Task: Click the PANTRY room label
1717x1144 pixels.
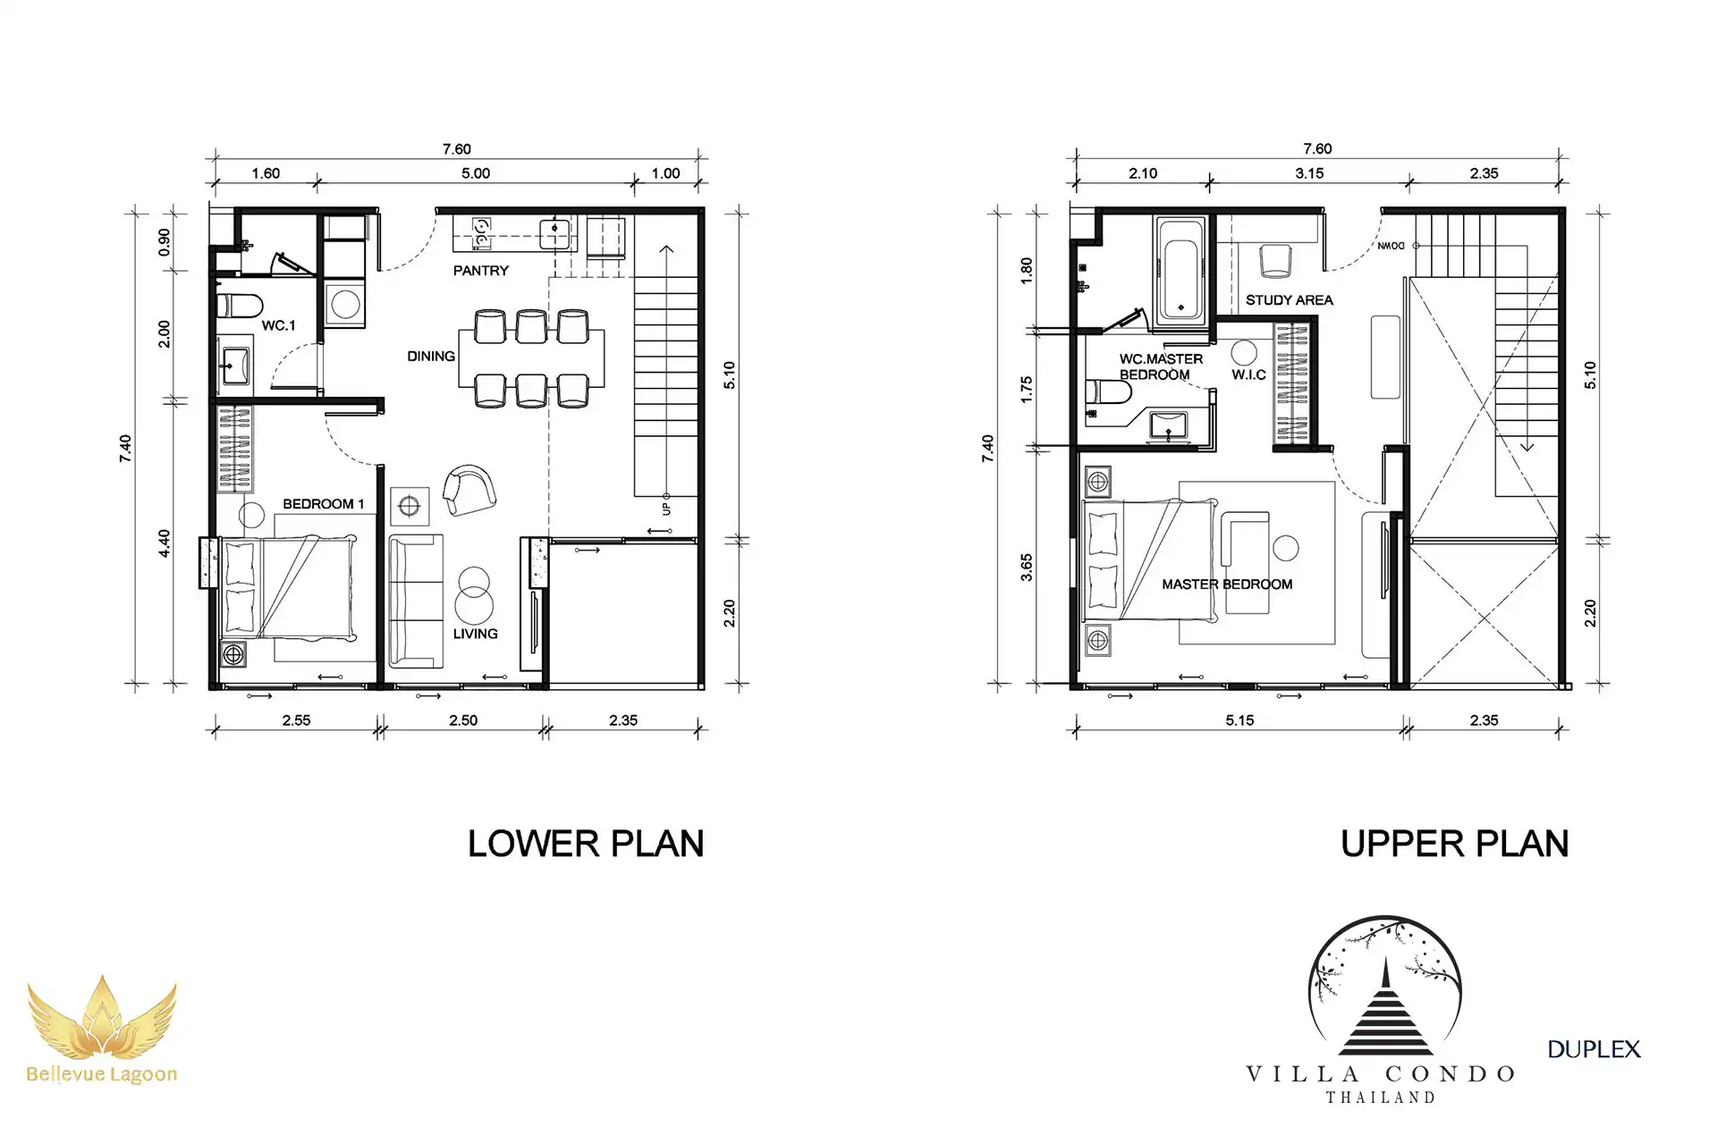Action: (x=480, y=271)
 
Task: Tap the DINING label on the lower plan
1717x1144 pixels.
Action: (x=431, y=356)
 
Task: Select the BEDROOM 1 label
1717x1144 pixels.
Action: (x=324, y=504)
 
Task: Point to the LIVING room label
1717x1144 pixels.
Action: (x=475, y=634)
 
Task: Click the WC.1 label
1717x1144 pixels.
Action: (x=278, y=325)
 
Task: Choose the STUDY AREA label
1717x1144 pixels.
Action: (x=1289, y=300)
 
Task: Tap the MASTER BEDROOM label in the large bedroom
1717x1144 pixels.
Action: (x=1227, y=585)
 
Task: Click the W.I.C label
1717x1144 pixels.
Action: (x=1248, y=374)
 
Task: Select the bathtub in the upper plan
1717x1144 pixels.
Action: (x=1181, y=270)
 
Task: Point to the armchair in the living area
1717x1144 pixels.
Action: (x=469, y=490)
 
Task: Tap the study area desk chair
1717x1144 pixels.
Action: (x=1275, y=261)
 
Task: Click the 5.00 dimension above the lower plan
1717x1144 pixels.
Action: (x=476, y=173)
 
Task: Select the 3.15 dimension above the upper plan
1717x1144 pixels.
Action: (x=1309, y=173)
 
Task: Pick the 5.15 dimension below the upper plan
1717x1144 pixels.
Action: (x=1239, y=720)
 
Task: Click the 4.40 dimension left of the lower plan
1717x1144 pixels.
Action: (x=164, y=543)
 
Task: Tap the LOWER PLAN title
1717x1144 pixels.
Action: (x=586, y=844)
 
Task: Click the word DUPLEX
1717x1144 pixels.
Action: (x=1594, y=1049)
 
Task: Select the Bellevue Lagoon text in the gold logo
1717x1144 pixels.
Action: (x=102, y=1074)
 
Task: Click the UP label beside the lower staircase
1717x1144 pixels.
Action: (x=666, y=509)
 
